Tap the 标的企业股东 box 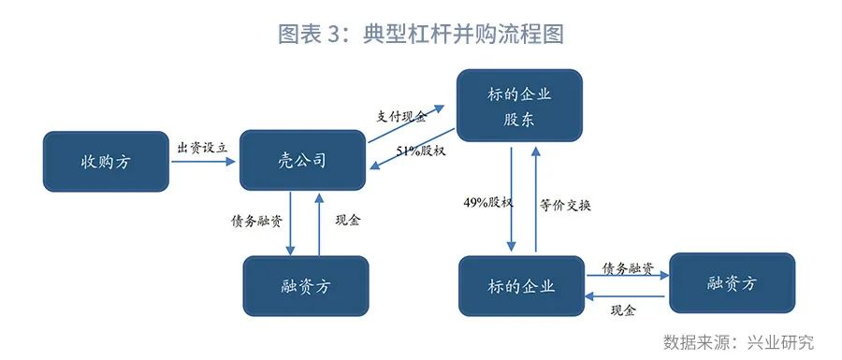click(x=518, y=108)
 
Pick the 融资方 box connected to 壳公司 click(x=306, y=285)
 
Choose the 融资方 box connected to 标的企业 click(x=732, y=282)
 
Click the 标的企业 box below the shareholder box click(x=521, y=285)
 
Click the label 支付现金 click(x=401, y=116)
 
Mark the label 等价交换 click(x=565, y=204)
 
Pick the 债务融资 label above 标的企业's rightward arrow click(x=628, y=267)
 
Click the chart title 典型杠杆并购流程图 click(x=421, y=34)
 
